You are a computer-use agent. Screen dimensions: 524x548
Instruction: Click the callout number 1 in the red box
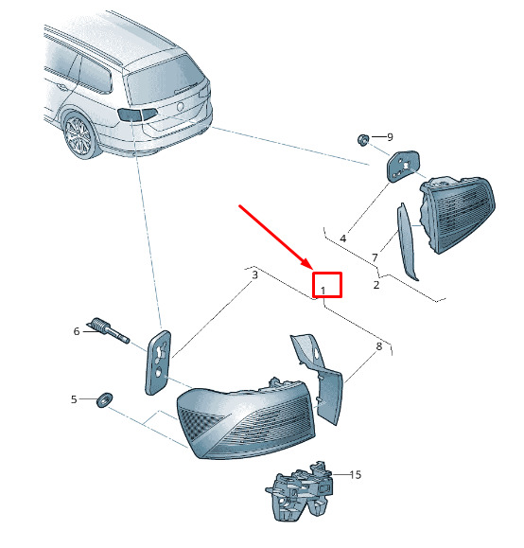pos(323,291)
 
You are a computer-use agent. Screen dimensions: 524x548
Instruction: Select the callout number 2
pos(376,285)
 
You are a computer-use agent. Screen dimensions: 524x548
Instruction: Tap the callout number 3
pos(255,274)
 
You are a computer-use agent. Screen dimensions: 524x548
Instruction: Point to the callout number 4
pos(343,239)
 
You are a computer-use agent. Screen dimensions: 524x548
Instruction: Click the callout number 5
pos(74,399)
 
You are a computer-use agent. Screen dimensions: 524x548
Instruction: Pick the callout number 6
pos(77,331)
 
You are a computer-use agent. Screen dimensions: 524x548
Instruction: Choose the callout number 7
pos(375,257)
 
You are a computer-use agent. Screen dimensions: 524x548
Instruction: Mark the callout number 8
pos(379,346)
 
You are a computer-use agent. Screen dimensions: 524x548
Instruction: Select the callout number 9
pos(391,137)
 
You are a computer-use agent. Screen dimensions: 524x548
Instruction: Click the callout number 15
pos(356,474)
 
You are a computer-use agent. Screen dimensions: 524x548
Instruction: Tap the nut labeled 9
pos(363,140)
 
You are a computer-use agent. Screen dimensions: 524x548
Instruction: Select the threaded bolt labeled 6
pos(108,330)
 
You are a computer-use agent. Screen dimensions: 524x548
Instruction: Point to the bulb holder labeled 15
pos(300,490)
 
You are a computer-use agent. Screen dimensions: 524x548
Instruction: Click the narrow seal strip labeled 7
pos(406,241)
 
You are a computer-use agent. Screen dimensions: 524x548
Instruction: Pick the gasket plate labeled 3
pos(158,362)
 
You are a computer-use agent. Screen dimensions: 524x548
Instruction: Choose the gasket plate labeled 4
pos(403,166)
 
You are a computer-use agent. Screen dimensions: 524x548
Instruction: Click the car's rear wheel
pos(79,136)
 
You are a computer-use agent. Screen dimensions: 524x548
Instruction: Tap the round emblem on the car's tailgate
pos(181,106)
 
